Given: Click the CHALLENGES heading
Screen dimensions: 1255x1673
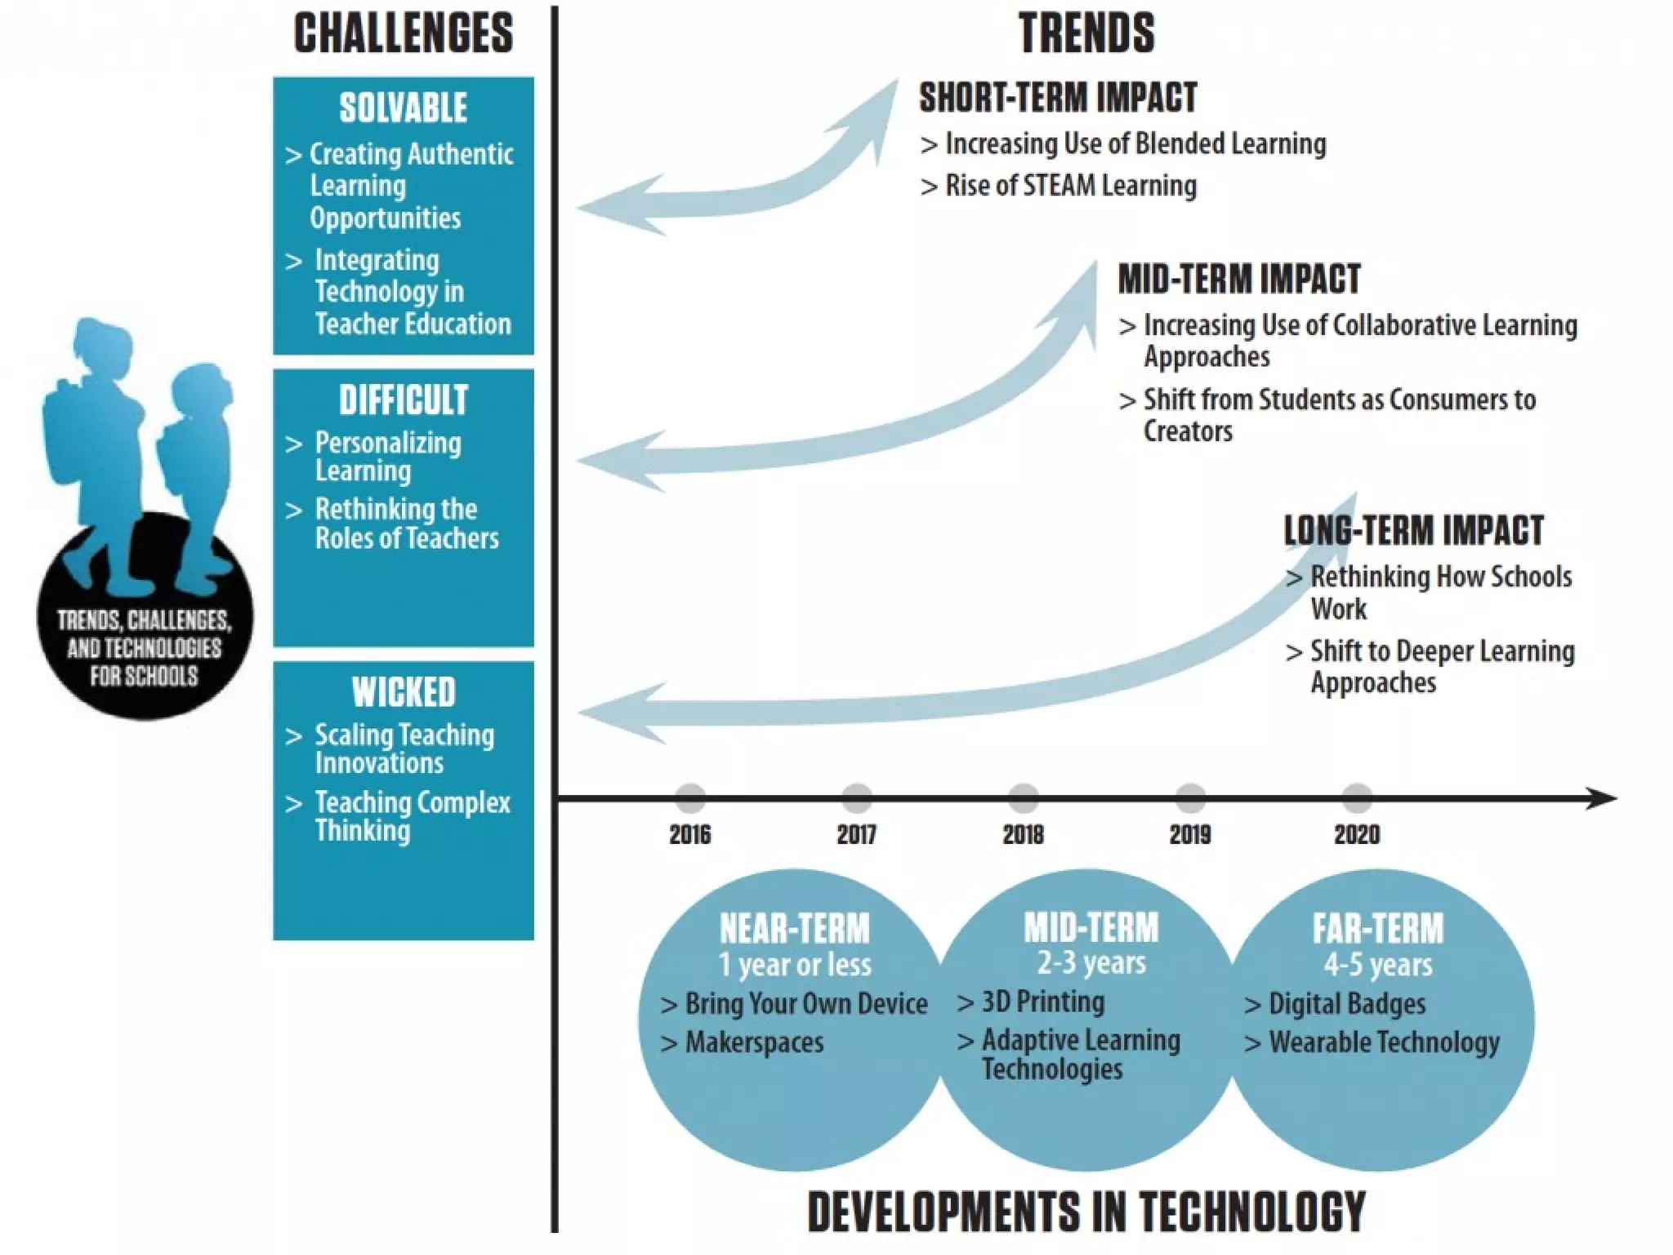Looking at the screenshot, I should click(404, 33).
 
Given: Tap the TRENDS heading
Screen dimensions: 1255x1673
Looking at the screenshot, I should click(1086, 33).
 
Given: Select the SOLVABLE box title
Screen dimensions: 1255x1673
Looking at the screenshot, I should click(404, 108).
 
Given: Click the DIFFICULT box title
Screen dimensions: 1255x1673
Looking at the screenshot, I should click(404, 400).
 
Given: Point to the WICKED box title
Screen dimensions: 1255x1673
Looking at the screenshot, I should click(404, 692).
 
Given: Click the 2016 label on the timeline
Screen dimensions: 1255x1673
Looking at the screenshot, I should click(689, 834).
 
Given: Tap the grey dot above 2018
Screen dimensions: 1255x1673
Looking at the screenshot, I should click(1023, 797).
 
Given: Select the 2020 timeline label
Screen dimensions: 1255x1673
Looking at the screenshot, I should click(1357, 834).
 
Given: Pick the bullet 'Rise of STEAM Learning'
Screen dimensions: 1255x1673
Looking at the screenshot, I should click(1070, 185).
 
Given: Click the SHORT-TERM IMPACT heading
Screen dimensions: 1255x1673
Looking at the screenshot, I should click(1058, 97).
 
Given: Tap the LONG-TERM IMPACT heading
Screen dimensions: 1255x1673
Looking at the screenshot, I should click(1413, 530).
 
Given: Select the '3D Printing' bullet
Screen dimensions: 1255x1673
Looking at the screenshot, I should click(1042, 1002).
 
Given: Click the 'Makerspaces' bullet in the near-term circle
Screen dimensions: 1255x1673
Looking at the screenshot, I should click(754, 1043).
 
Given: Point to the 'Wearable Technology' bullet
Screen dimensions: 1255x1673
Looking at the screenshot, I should click(1384, 1043).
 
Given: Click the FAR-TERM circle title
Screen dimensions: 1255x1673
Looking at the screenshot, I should click(1378, 928).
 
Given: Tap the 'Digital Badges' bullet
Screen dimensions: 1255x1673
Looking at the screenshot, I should click(1346, 1003).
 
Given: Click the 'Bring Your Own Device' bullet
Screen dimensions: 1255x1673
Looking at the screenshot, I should click(805, 1003).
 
